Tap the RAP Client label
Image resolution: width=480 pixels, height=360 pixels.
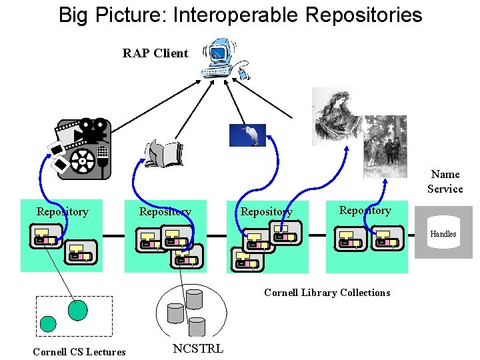click(155, 53)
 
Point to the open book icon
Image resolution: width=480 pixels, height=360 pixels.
click(163, 153)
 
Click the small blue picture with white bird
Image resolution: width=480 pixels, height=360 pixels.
click(247, 135)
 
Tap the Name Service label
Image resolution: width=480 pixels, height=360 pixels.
click(445, 181)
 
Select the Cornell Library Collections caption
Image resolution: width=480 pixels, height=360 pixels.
click(327, 293)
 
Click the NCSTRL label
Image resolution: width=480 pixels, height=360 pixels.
click(197, 349)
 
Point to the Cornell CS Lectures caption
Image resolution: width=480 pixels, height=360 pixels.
click(79, 351)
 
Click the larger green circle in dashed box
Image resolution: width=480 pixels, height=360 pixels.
click(77, 310)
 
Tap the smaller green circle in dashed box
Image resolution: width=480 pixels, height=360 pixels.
click(48, 324)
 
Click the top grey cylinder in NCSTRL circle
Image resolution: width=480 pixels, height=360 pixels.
click(194, 299)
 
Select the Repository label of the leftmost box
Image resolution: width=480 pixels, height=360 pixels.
click(62, 212)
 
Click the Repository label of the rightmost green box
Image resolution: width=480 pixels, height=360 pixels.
click(365, 211)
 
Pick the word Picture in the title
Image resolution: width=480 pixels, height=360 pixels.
click(129, 15)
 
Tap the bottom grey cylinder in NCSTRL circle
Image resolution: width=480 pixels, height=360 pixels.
click(197, 327)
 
